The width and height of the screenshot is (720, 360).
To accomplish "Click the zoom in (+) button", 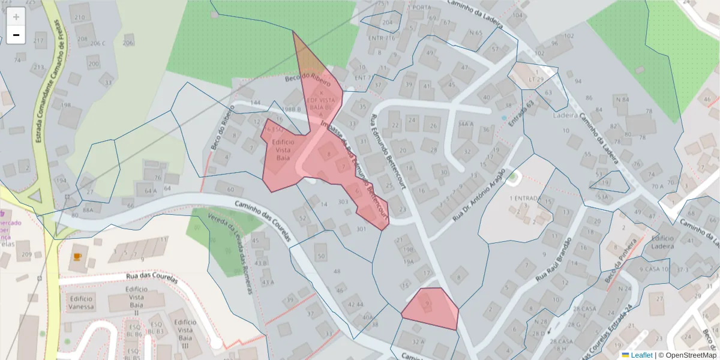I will [16, 16].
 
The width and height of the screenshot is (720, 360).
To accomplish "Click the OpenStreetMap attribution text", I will [691, 355].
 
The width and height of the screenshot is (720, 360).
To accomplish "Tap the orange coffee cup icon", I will [77, 256].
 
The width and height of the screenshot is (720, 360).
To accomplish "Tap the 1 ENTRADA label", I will [523, 198].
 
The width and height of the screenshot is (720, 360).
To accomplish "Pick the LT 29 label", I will [536, 79].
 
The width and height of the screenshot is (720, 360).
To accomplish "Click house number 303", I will [343, 202].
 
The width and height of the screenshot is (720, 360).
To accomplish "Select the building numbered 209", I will [26, 254].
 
